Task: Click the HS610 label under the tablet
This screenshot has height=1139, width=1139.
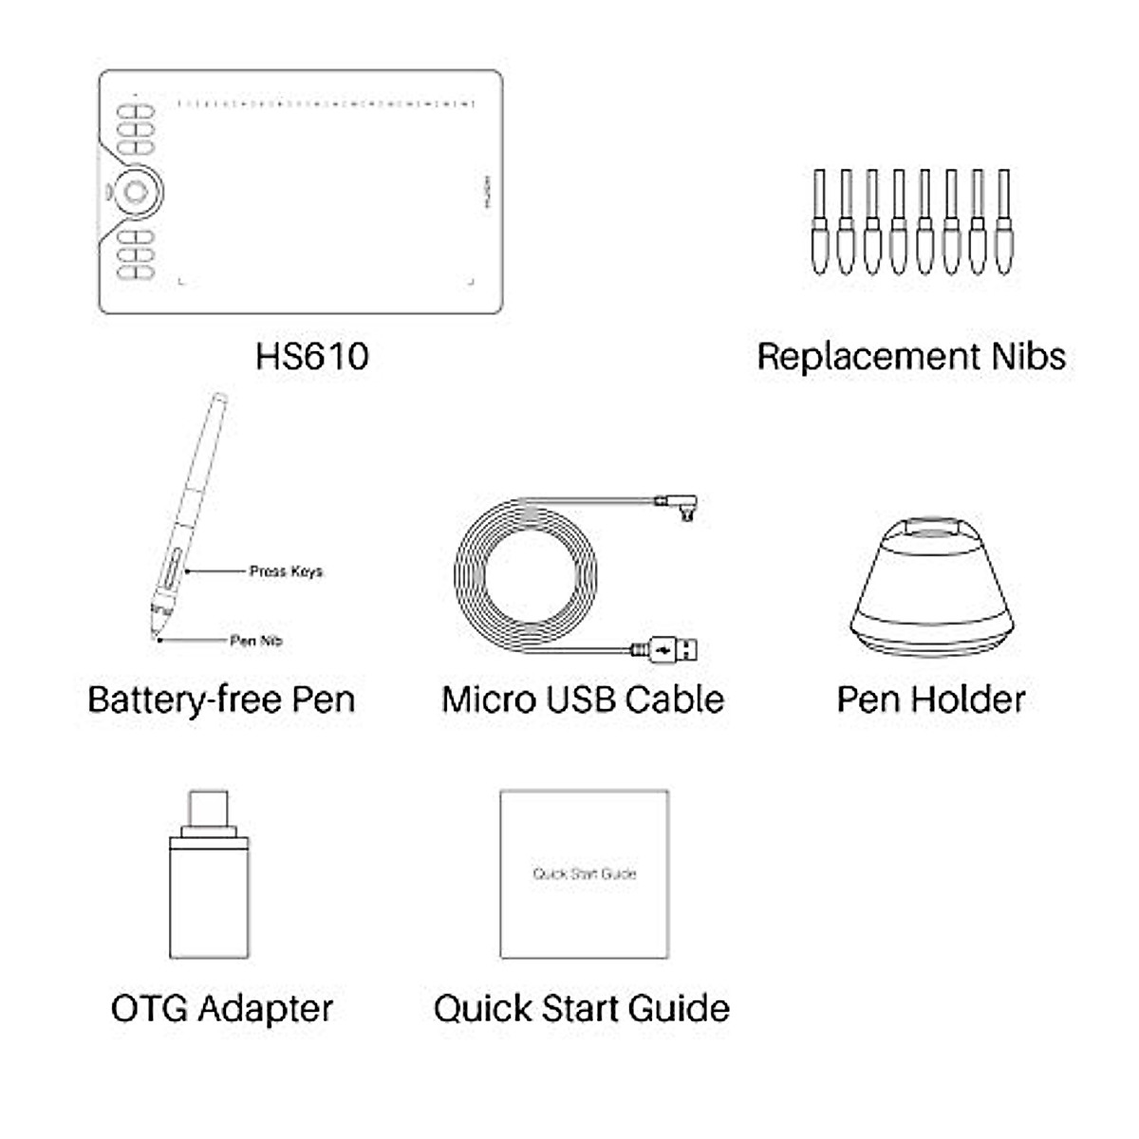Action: tap(311, 357)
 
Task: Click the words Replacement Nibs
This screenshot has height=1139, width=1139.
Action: tap(910, 357)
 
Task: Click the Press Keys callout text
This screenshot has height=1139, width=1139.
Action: tap(286, 571)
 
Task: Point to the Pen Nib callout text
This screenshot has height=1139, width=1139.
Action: tap(256, 641)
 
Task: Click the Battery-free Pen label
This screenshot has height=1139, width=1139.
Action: tap(221, 700)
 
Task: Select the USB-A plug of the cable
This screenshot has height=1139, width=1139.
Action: tap(676, 649)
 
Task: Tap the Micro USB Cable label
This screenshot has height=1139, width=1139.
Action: tap(583, 700)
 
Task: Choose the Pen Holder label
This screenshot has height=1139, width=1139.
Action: tap(930, 700)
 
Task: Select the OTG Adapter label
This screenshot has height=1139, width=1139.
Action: tap(222, 1008)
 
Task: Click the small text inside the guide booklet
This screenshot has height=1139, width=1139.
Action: tap(584, 873)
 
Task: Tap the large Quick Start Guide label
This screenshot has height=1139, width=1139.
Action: tap(581, 1008)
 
